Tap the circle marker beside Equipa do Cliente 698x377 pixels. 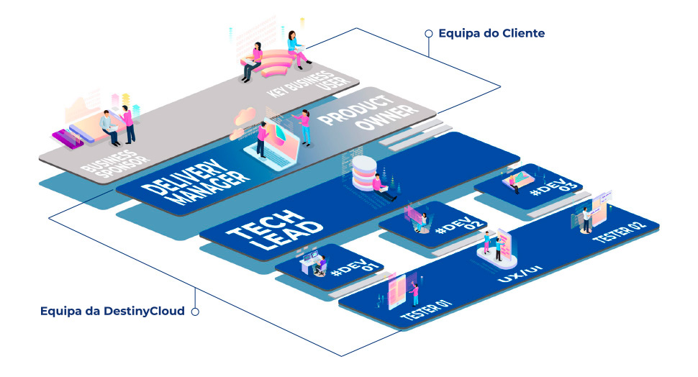[429, 33]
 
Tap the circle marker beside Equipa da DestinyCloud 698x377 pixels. [194, 312]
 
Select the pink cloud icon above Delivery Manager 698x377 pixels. [243, 116]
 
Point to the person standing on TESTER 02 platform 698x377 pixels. [587, 219]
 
